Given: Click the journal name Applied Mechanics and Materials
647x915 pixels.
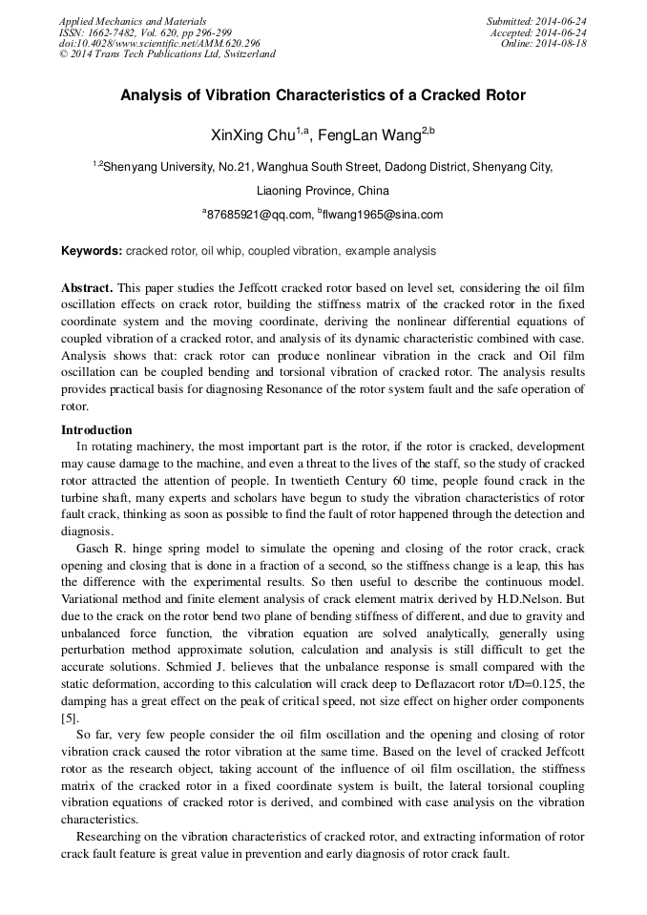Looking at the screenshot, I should tap(132, 21).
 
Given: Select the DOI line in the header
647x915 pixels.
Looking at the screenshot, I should tap(159, 43).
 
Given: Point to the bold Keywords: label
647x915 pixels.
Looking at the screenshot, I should tap(92, 251).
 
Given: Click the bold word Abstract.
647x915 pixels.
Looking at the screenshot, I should tap(87, 287).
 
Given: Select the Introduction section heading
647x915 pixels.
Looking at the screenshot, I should tap(96, 430).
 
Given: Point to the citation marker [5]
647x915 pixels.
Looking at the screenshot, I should tap(71, 717).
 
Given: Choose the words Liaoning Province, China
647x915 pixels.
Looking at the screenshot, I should tap(323, 190).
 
